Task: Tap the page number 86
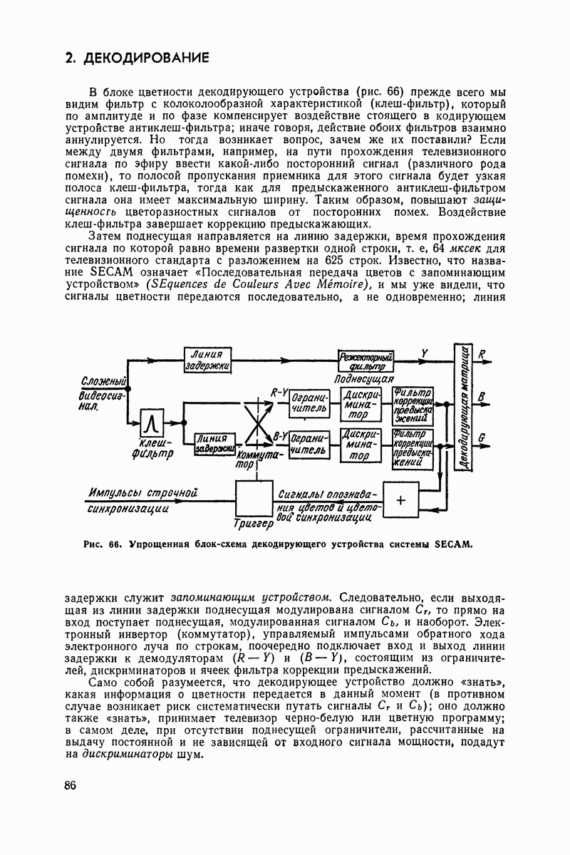click(x=70, y=785)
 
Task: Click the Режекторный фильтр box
click(x=366, y=360)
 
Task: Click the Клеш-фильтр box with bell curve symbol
click(x=152, y=425)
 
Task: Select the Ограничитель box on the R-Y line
click(x=309, y=403)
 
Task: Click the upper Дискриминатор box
click(x=361, y=404)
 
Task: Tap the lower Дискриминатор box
click(x=361, y=445)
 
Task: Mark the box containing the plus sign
click(x=400, y=500)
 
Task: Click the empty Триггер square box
click(x=254, y=498)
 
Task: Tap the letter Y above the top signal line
click(x=425, y=353)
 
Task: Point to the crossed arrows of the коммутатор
click(x=258, y=423)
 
